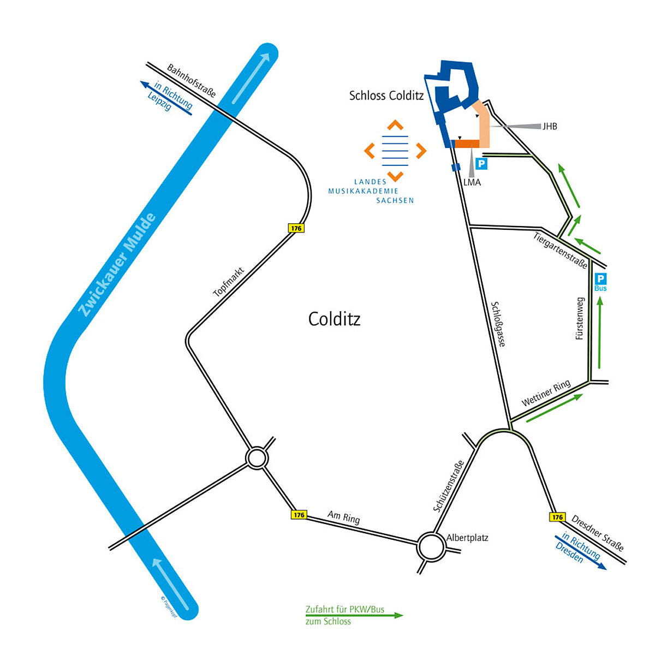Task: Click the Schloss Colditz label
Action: click(386, 96)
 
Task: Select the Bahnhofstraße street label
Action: click(192, 81)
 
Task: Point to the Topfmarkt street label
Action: click(228, 282)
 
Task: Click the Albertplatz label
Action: click(467, 538)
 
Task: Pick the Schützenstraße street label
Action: click(448, 486)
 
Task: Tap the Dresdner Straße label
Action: click(598, 532)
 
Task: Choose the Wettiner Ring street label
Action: click(546, 393)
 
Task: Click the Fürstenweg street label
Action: click(580, 319)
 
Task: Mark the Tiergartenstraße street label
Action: click(561, 251)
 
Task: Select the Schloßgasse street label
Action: click(498, 324)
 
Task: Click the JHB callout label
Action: click(550, 127)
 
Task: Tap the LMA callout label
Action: click(472, 182)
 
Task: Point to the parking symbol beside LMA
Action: click(481, 163)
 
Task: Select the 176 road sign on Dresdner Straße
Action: click(557, 517)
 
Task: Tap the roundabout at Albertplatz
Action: click(431, 546)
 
